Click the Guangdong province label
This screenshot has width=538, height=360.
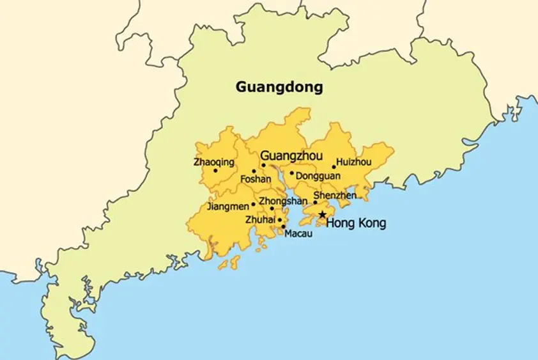click(x=279, y=86)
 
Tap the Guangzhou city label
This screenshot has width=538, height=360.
click(x=291, y=156)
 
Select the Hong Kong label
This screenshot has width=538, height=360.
click(x=356, y=223)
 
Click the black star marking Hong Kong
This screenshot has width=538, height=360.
click(x=322, y=215)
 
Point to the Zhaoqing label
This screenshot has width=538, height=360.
click(x=213, y=162)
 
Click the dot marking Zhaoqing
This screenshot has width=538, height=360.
click(x=215, y=171)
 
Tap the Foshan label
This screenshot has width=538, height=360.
click(x=256, y=180)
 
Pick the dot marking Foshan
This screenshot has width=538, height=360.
click(x=254, y=171)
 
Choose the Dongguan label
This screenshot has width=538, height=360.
click(x=318, y=175)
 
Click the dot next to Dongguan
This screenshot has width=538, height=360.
click(x=292, y=173)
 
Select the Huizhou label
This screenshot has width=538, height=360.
click(x=353, y=162)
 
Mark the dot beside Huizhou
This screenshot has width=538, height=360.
click(x=334, y=167)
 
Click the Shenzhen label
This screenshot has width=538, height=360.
click(x=335, y=195)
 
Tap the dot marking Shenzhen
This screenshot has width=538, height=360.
click(x=315, y=203)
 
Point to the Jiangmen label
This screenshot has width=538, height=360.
click(x=228, y=207)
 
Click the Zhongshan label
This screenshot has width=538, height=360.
click(x=283, y=201)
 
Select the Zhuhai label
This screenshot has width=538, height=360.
click(x=260, y=220)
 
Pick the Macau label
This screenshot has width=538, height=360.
click(x=298, y=233)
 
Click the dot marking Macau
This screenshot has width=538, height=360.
click(x=283, y=226)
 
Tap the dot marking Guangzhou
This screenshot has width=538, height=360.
click(x=263, y=165)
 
